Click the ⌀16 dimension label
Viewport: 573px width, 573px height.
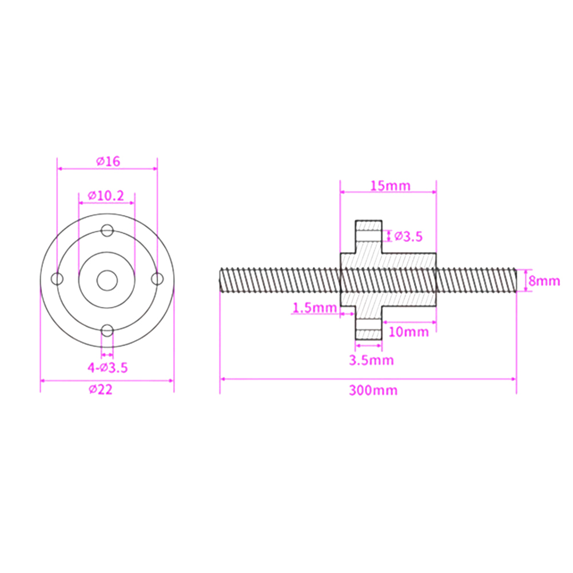click(108, 161)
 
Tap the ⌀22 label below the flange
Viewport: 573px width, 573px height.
click(101, 389)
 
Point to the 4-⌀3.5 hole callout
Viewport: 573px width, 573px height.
click(108, 368)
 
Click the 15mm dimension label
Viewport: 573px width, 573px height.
click(390, 186)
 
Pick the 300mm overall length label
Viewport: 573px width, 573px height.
click(373, 390)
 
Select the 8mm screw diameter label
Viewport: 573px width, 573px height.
click(544, 281)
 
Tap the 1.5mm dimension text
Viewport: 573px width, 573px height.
click(315, 308)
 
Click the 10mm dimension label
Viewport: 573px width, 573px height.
click(408, 332)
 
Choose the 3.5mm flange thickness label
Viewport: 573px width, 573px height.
click(371, 360)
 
